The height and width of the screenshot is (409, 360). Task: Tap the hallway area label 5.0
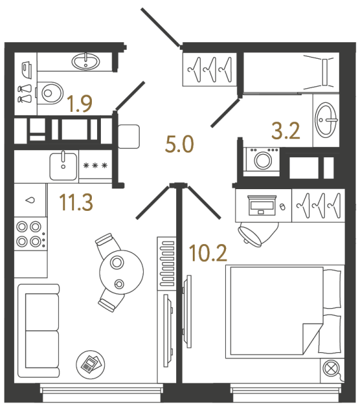pyautogui.click(x=179, y=145)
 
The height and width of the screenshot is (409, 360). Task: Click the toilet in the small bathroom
pyautogui.click(x=49, y=93)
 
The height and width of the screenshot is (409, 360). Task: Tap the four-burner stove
pyautogui.click(x=29, y=233)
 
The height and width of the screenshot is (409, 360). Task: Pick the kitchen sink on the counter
pyautogui.click(x=63, y=166)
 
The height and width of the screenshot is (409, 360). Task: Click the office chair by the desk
pyautogui.click(x=257, y=233)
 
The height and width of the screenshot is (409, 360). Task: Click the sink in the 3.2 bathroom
pyautogui.click(x=327, y=118)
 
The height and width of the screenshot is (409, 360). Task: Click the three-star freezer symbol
pyautogui.click(x=96, y=166)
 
